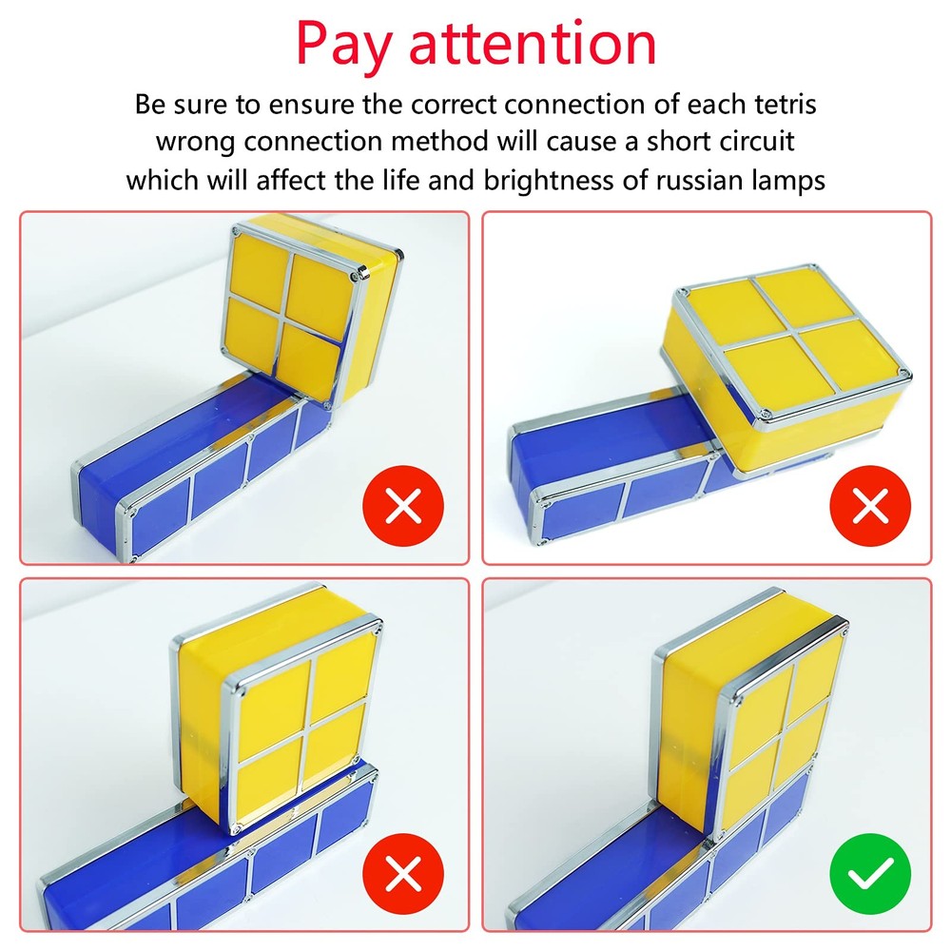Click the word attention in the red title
point(533,43)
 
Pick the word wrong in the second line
point(195,142)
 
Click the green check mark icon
point(870,874)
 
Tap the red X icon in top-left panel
point(404,507)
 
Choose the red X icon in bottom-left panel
point(404,874)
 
